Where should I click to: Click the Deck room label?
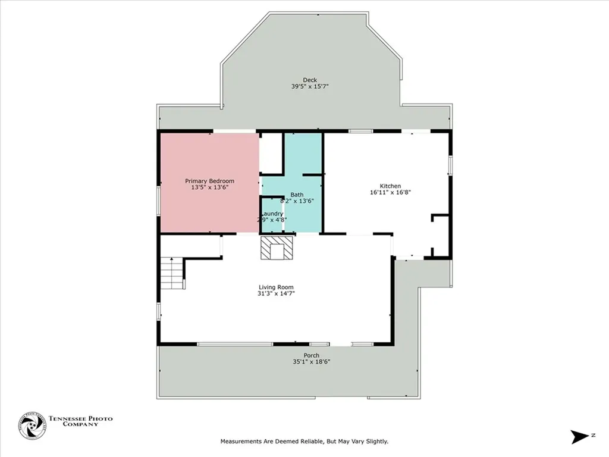point(310,80)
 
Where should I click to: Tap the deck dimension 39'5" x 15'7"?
point(310,87)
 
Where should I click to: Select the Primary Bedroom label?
point(209,181)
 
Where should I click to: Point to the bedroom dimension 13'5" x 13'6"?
point(209,187)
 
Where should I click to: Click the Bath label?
point(297,195)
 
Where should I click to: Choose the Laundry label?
point(272,214)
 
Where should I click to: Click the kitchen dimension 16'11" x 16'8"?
point(391,192)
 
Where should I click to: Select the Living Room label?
point(276,287)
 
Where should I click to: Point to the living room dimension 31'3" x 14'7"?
point(276,293)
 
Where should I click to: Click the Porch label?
point(311,355)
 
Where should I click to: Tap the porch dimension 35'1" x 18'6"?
point(311,362)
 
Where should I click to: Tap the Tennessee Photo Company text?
point(80,422)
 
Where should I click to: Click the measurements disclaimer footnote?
point(304,442)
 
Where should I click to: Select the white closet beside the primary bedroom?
point(270,153)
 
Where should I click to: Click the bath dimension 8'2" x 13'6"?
point(297,201)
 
